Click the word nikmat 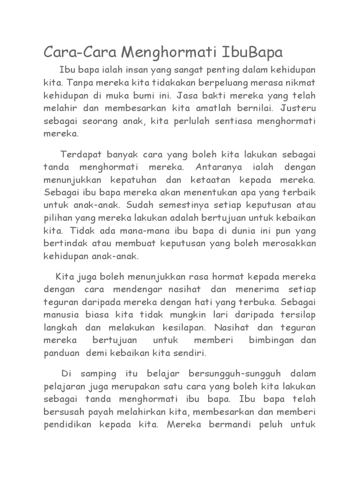[300, 82]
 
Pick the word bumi [143, 96]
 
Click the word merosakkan [289, 244]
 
